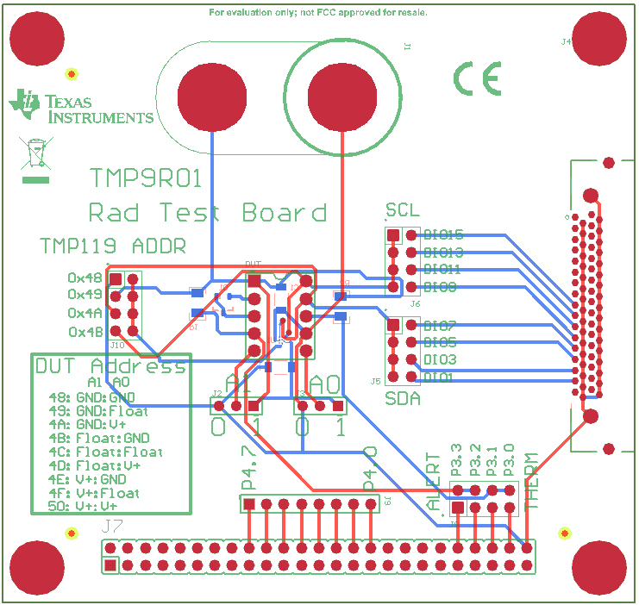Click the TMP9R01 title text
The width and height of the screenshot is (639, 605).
pos(146,178)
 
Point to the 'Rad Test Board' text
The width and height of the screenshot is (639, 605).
pos(208,212)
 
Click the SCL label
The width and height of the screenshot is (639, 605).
pos(403,211)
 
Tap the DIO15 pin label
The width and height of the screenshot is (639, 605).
pos(444,234)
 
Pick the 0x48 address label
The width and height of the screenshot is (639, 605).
pos(85,278)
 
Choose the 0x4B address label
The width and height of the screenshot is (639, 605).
pos(85,332)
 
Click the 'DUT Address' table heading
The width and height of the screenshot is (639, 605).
pos(110,366)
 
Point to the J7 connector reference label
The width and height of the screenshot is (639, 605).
pos(111,526)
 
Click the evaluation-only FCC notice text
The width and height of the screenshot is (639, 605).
pos(318,13)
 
